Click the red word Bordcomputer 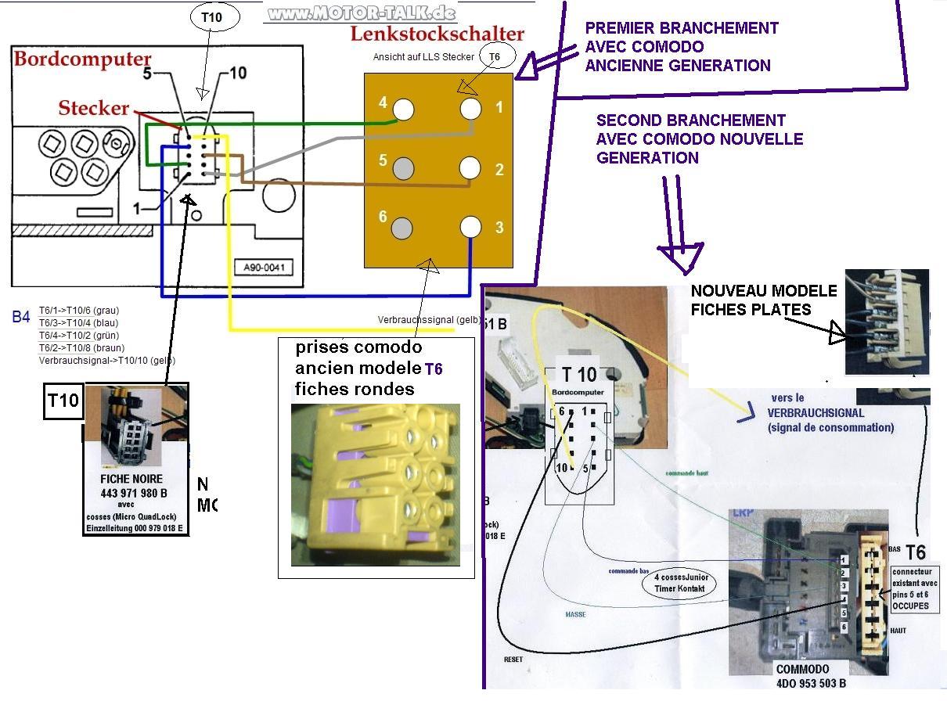(x=82, y=59)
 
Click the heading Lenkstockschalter (x=437, y=34)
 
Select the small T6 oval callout (x=495, y=56)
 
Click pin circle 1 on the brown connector (x=470, y=108)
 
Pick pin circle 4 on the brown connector (x=404, y=110)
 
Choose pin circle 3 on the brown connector (x=470, y=227)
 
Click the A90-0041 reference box (x=263, y=268)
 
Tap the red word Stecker (x=93, y=108)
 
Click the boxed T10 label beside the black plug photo (x=63, y=401)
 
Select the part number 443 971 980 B (x=133, y=493)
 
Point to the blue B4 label (x=21, y=317)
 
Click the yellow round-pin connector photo (x=375, y=485)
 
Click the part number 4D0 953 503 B (x=811, y=684)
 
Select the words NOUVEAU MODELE (x=763, y=291)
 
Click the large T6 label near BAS (x=915, y=552)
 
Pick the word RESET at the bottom (x=513, y=660)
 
